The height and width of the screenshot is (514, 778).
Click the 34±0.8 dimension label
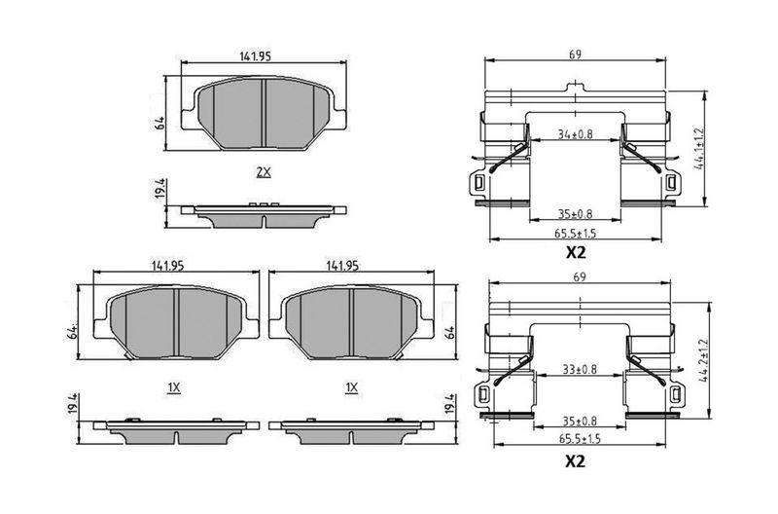coord(575,134)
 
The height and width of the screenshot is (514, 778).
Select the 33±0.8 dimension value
coord(580,370)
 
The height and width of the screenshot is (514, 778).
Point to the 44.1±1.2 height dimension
coord(699,149)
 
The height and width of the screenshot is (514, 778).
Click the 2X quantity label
coord(264,172)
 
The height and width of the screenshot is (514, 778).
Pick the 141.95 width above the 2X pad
coord(256,56)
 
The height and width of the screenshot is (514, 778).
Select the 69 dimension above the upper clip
coord(575,55)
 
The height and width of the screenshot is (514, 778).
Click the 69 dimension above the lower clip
coord(579,277)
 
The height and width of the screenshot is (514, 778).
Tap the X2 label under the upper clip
coord(576,253)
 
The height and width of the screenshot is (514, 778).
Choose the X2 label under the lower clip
coord(576,461)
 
